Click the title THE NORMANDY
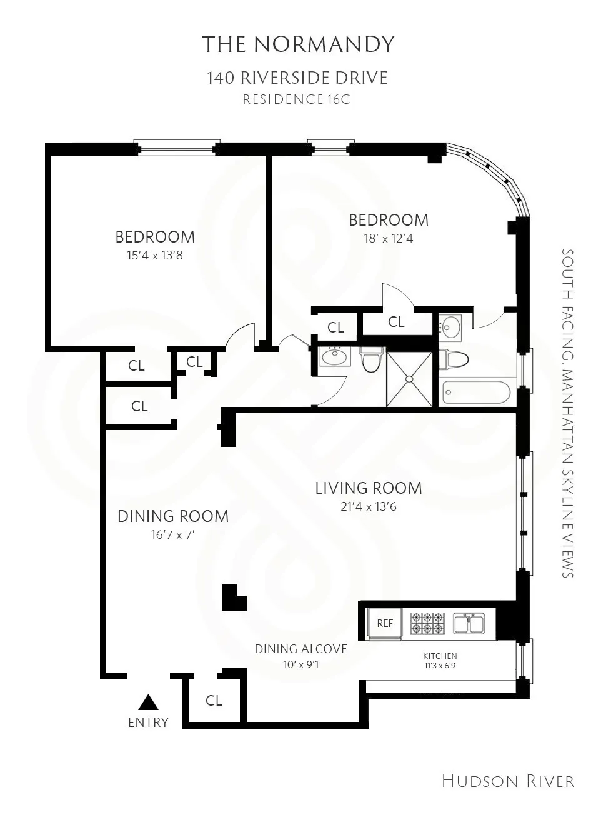pos(298,44)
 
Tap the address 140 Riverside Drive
pos(297,78)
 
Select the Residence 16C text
pos(297,99)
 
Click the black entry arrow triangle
pos(148,703)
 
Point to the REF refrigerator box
pos(385,623)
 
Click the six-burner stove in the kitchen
pos(427,623)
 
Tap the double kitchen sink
pos(469,623)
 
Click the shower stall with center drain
pos(409,379)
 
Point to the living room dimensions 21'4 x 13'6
pos(368,507)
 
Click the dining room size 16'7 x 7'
pos(173,534)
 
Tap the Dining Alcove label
pos(300,649)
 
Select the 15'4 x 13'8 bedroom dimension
pos(155,255)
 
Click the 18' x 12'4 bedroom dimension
pos(389,238)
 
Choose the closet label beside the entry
pos(214,701)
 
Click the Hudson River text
pos(507,781)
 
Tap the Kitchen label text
pos(440,656)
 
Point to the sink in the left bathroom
pos(335,358)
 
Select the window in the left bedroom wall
pos(177,149)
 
